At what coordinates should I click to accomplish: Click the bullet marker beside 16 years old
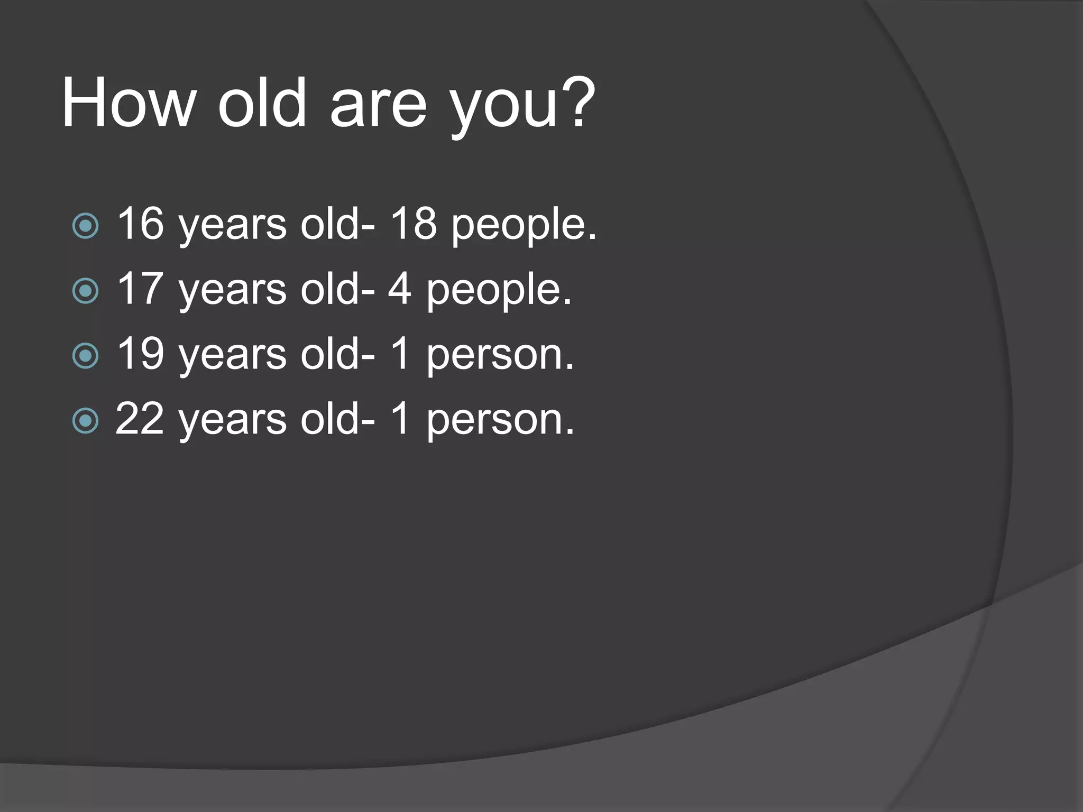click(x=85, y=226)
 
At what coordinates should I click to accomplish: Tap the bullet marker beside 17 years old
click(x=85, y=291)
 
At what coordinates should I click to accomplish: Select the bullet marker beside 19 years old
click(x=85, y=356)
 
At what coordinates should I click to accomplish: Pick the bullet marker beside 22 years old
click(x=85, y=421)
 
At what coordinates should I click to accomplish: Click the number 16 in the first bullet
click(x=140, y=224)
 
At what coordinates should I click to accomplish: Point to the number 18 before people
click(x=414, y=224)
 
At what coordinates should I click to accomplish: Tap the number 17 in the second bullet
click(x=140, y=289)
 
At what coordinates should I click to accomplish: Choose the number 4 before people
click(x=400, y=289)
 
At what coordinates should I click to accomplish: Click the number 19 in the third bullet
click(x=140, y=354)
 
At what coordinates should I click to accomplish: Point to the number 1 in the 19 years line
click(x=400, y=354)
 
